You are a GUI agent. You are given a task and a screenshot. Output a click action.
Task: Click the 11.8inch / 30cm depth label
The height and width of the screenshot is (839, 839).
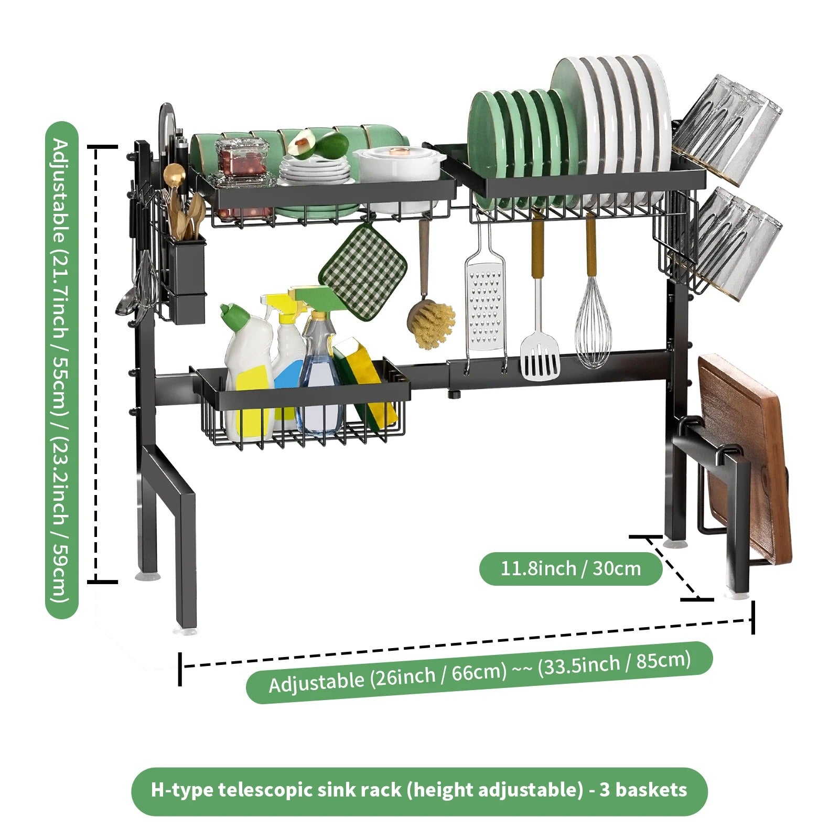coord(571,568)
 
